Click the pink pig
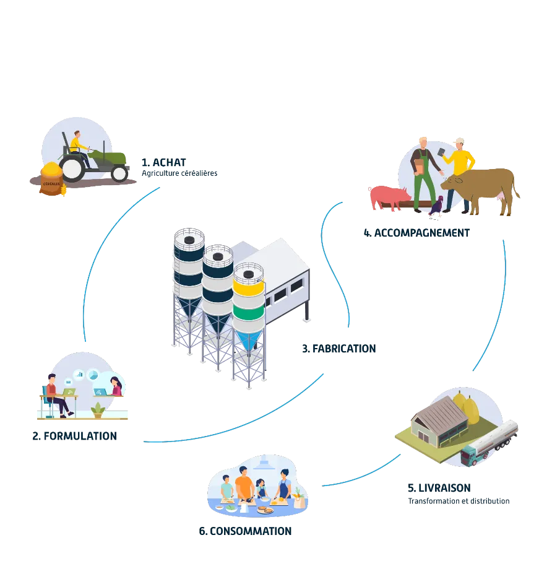click(x=388, y=196)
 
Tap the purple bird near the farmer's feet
click(x=437, y=206)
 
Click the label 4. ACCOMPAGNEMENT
click(x=416, y=233)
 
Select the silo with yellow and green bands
click(x=248, y=297)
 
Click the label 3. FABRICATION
click(x=339, y=349)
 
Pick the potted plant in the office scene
click(x=97, y=409)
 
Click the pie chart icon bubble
click(x=93, y=375)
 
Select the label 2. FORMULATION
click(x=74, y=435)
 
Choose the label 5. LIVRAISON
click(x=438, y=487)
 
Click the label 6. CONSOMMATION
click(x=244, y=531)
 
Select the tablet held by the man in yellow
click(x=442, y=151)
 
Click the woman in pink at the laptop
click(x=116, y=386)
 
